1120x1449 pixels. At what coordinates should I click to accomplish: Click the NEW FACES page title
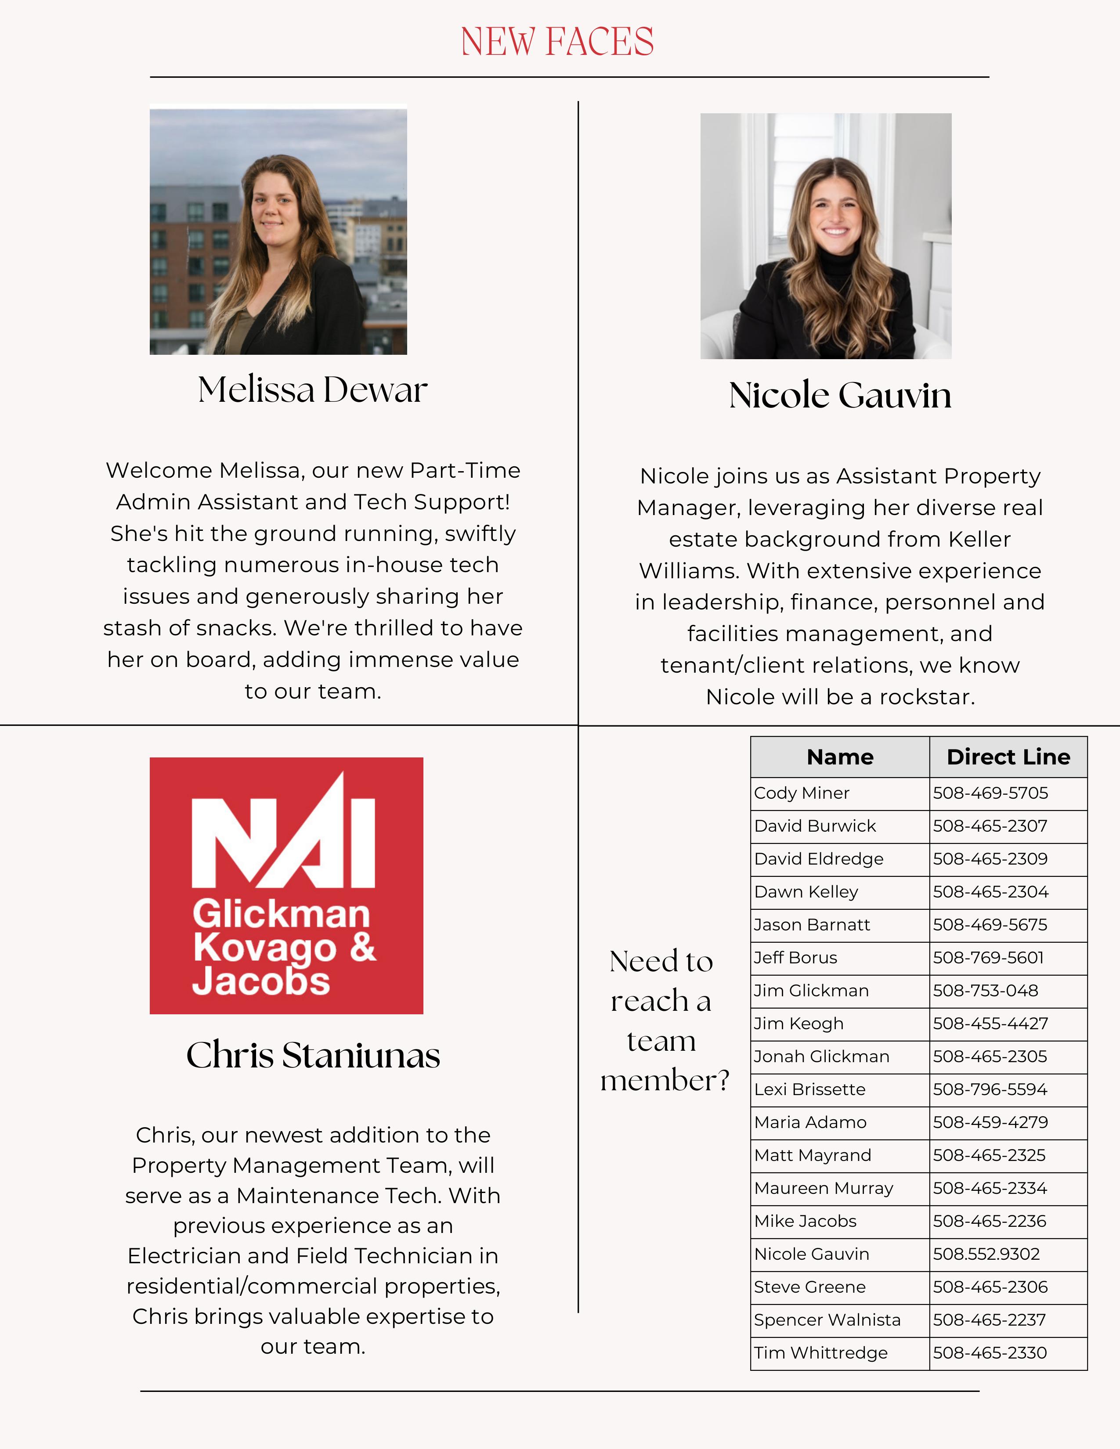(x=557, y=41)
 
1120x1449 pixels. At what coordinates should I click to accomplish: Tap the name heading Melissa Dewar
(x=313, y=389)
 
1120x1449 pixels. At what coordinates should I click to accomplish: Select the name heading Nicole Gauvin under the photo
(x=840, y=396)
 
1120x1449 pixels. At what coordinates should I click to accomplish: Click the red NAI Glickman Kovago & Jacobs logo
(x=286, y=885)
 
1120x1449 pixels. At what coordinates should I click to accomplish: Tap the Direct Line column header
(x=1008, y=757)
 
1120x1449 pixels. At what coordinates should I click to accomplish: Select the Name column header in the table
(x=840, y=757)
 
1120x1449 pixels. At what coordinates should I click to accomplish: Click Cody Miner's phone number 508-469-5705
(x=990, y=793)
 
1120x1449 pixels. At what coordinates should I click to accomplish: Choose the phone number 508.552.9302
(x=986, y=1254)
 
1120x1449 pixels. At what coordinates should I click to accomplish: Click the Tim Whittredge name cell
(x=821, y=1353)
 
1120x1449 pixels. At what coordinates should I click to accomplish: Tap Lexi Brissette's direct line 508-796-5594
(x=990, y=1089)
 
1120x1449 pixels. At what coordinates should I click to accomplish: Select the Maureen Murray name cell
(x=824, y=1188)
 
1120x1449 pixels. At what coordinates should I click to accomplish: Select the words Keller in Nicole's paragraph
(x=979, y=539)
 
